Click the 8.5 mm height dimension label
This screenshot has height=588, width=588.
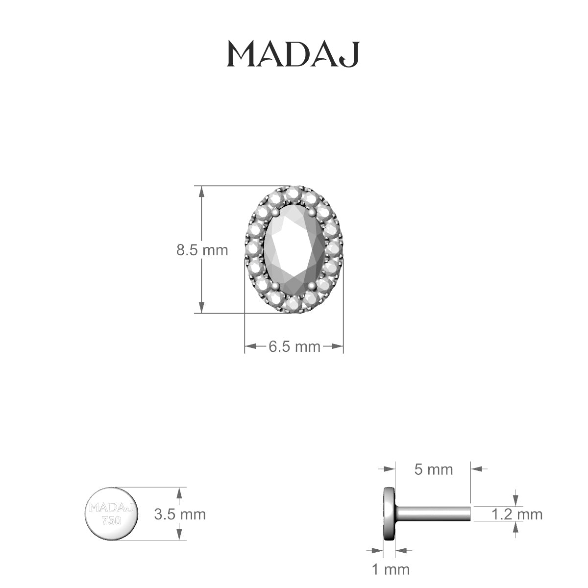[x=202, y=250]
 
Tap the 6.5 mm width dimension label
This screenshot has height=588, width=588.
[x=294, y=347]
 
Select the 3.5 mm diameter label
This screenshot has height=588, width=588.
[x=180, y=514]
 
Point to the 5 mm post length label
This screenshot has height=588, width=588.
[x=434, y=469]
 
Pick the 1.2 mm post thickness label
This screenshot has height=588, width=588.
[x=517, y=514]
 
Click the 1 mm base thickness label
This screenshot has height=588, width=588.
[x=391, y=569]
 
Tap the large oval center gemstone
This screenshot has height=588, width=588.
[x=294, y=249]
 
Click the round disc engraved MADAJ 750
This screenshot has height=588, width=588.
[x=112, y=514]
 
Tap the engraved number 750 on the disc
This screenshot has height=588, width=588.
[x=111, y=521]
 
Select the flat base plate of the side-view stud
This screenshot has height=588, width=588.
[x=390, y=514]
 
